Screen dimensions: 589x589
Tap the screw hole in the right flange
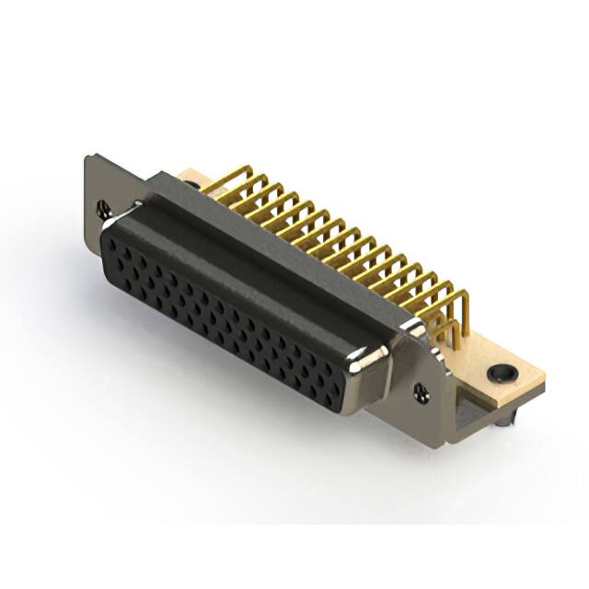tap(422, 391)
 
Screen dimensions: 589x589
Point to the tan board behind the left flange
tap(189, 176)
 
